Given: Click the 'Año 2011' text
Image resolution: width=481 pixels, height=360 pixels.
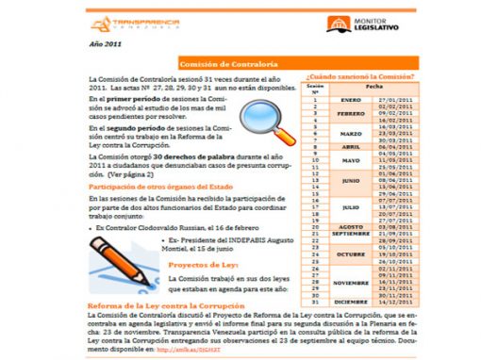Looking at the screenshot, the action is tap(104, 45).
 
